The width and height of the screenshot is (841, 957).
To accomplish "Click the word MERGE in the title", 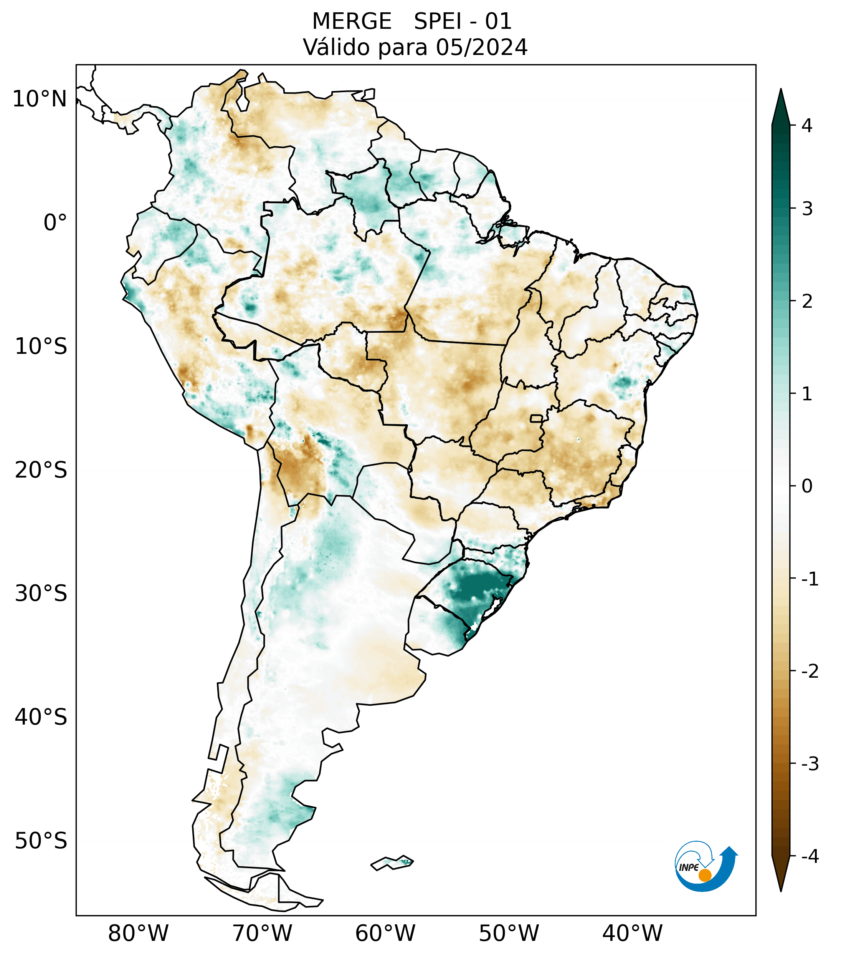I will [x=352, y=22].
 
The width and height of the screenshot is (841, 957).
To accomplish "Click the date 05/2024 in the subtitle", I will [x=482, y=47].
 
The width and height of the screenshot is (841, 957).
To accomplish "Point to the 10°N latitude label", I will [x=40, y=99].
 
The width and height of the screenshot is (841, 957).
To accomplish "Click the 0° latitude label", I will [x=55, y=223].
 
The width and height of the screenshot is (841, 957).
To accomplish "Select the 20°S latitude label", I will [x=41, y=470].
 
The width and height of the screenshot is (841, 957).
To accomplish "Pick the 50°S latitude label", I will [x=41, y=841].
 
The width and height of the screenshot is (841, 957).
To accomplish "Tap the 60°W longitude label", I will [x=385, y=933].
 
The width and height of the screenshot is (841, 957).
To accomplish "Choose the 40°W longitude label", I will [x=633, y=933].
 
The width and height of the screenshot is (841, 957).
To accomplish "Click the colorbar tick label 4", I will [x=807, y=126].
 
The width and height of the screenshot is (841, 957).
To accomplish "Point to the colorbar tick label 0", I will [x=807, y=486].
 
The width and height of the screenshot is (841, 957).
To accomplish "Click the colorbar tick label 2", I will [x=807, y=302].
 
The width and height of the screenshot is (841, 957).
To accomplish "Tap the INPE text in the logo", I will [x=689, y=867].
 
